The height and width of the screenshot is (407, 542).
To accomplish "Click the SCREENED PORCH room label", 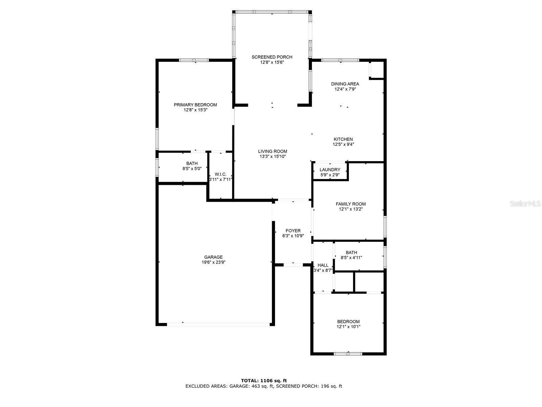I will (x=272, y=57).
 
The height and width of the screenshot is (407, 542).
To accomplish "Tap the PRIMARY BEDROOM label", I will (x=195, y=105).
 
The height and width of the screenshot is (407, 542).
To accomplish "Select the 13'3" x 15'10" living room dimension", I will (x=273, y=157).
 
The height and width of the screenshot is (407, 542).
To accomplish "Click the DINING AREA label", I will (x=345, y=84).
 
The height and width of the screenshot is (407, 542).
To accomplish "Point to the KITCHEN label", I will (x=343, y=139).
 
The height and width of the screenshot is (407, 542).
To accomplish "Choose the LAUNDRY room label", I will (x=330, y=170).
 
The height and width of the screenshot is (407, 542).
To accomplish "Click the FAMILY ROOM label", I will (x=351, y=204).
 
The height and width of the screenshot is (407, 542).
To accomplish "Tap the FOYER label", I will (x=293, y=231).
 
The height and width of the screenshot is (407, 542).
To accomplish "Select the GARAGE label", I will (x=213, y=257).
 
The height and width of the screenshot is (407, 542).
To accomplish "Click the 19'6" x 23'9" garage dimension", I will (x=213, y=262).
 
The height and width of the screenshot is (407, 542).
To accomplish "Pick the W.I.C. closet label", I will (x=221, y=174).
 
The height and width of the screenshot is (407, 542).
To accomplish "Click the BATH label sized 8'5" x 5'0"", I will (x=192, y=163).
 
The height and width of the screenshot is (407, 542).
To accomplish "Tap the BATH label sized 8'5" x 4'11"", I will (x=351, y=252).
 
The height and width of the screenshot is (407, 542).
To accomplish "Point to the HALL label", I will (x=323, y=265).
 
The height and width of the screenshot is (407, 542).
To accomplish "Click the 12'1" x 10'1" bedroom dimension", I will (x=348, y=327).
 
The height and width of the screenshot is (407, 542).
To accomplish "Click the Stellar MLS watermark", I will (x=525, y=204).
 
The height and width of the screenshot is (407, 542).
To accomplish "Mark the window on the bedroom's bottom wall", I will (x=348, y=354).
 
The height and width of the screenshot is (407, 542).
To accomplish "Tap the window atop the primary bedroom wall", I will (x=194, y=60).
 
